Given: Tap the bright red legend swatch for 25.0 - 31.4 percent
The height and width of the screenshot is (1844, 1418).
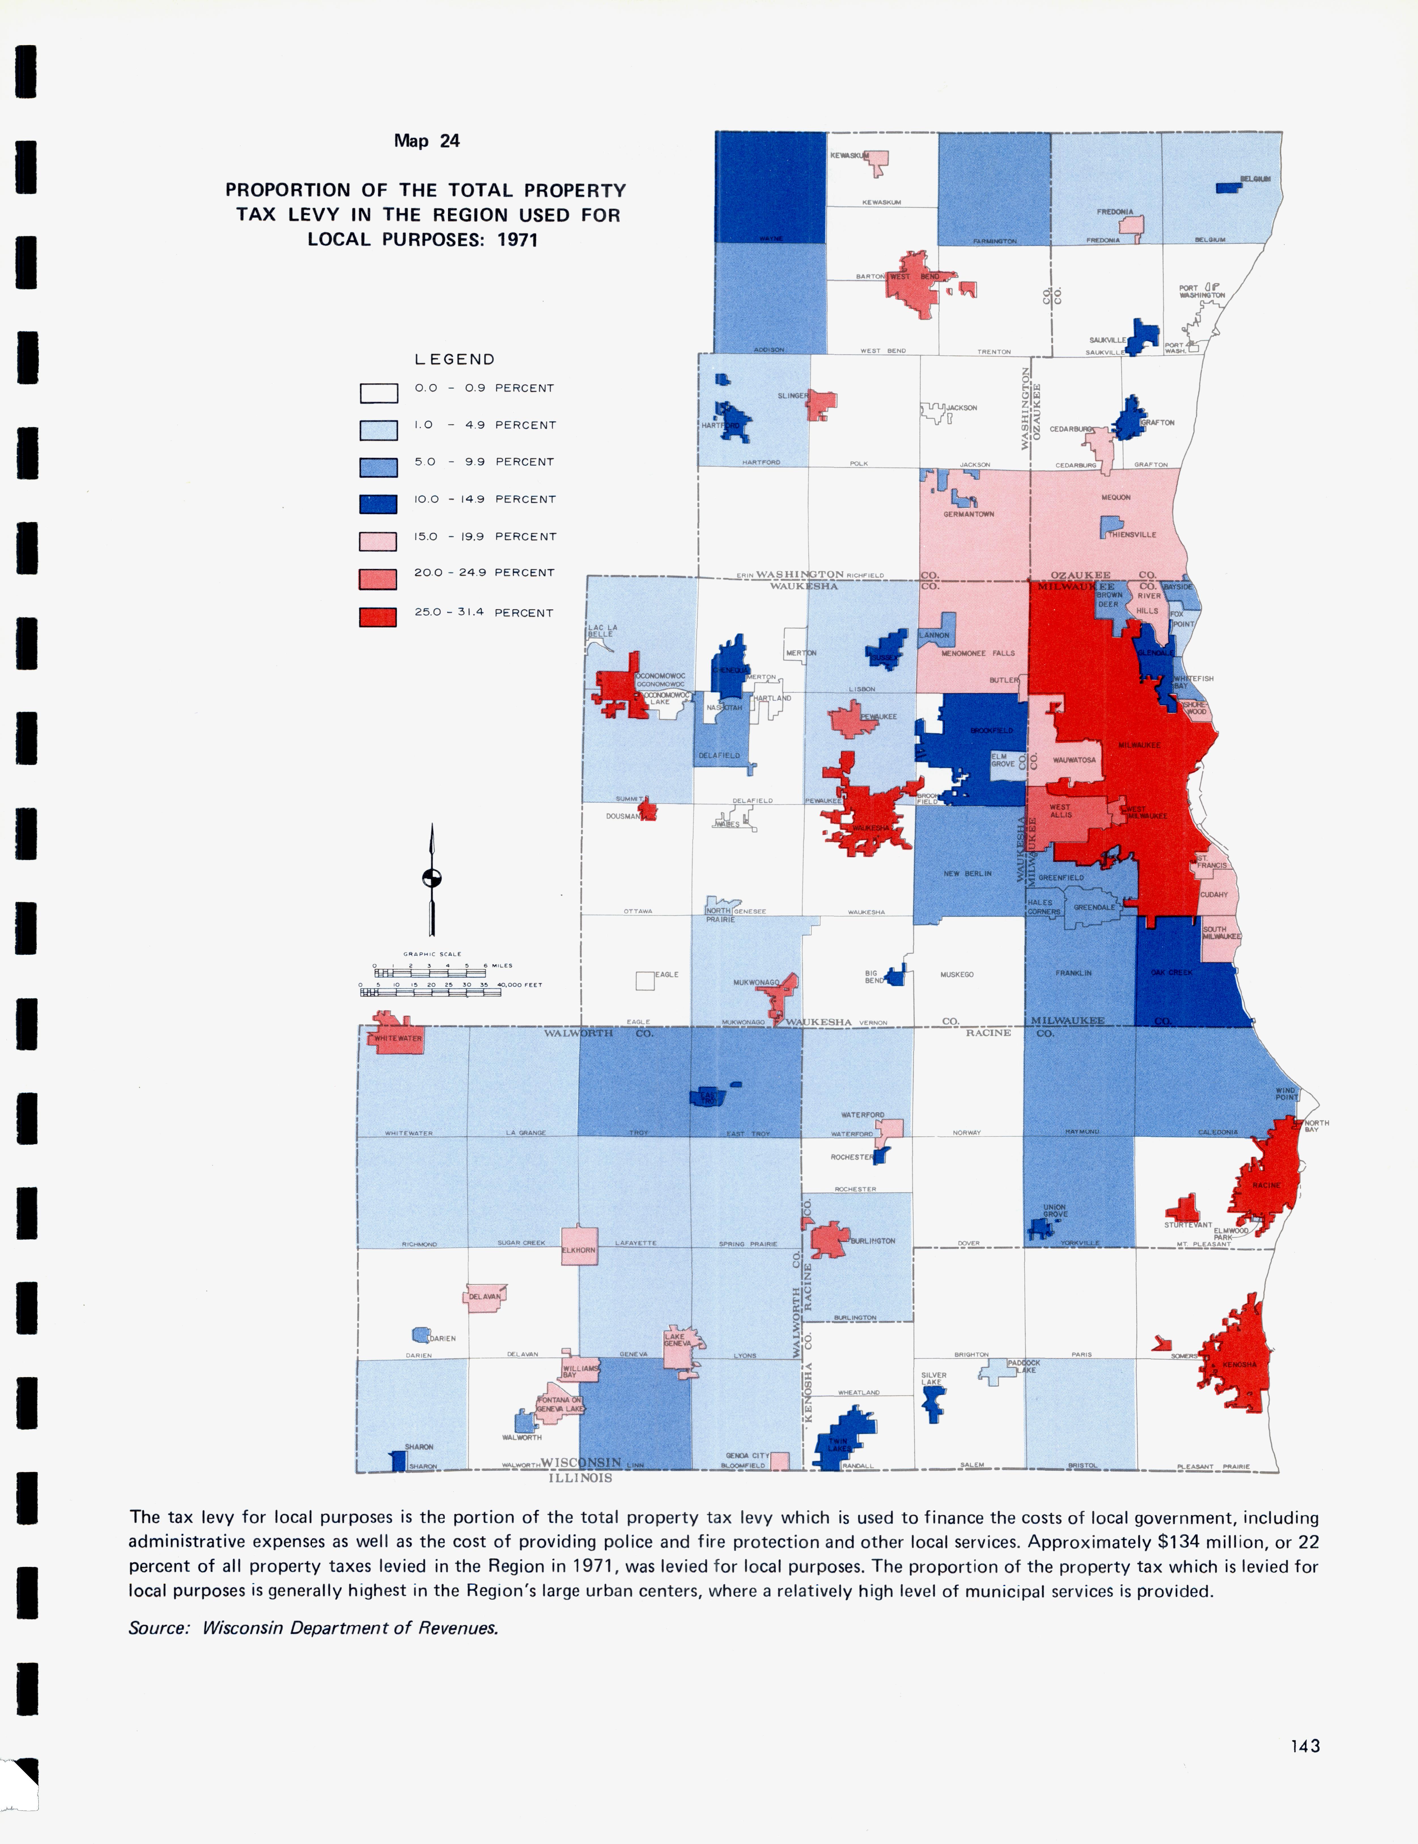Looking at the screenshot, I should [x=379, y=617].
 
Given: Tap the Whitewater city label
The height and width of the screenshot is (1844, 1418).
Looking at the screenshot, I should [x=398, y=1039].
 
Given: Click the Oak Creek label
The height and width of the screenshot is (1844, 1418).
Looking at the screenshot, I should [x=1172, y=973].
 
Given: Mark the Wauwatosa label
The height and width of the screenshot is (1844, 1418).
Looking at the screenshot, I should [x=1074, y=760].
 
